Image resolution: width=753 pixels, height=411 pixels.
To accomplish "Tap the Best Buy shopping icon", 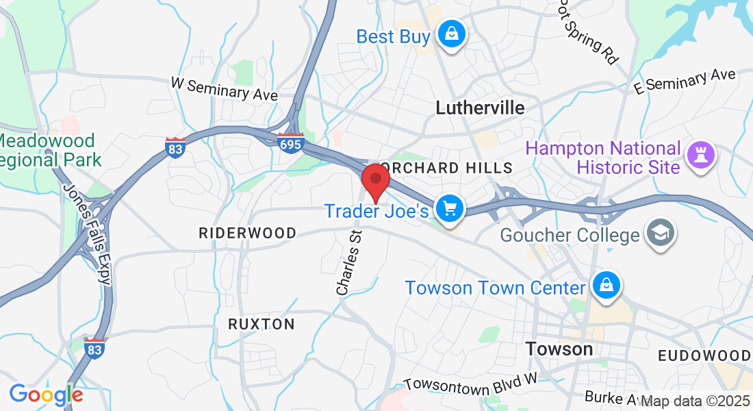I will click(452, 34).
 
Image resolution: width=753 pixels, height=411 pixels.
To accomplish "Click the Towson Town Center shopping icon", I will click(607, 286).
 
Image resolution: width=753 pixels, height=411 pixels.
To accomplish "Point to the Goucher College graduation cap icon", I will click(662, 233).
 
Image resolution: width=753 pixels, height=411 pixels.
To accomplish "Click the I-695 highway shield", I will click(291, 143).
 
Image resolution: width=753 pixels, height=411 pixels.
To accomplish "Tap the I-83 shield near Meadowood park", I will click(176, 147).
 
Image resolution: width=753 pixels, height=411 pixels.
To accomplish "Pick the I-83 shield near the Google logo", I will click(94, 347).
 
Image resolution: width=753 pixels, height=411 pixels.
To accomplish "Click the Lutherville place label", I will click(481, 108).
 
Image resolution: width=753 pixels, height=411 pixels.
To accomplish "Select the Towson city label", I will click(559, 349).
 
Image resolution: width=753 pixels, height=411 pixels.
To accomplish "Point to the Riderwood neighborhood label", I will click(248, 233).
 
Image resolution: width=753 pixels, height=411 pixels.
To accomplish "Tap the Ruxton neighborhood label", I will click(261, 324).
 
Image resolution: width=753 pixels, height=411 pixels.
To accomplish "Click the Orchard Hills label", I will click(446, 168).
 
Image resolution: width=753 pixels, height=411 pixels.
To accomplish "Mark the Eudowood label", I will click(704, 356).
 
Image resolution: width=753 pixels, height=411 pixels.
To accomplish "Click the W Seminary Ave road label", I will click(225, 89).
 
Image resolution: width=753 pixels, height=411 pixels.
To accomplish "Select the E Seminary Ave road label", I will click(685, 81).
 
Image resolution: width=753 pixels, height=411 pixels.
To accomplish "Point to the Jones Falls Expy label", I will click(86, 233).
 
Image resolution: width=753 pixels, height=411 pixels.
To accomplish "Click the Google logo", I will click(46, 395).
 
